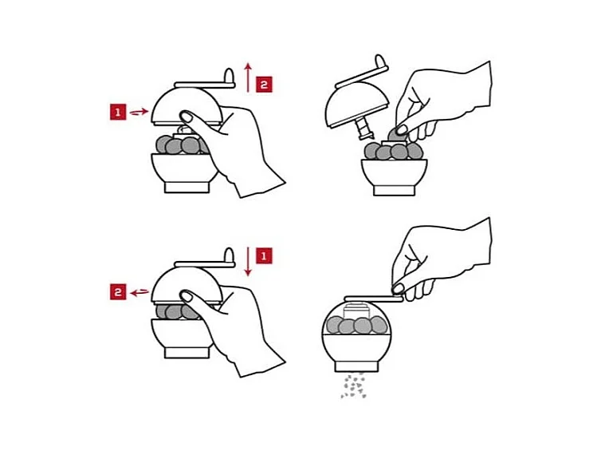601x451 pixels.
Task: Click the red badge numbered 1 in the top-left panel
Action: coord(118,112)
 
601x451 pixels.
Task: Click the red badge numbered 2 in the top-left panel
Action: coord(264,85)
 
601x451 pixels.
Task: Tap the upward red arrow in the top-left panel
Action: coord(249,77)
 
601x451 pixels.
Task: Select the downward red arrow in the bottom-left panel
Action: coord(249,262)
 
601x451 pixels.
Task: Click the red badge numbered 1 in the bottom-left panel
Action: coord(264,255)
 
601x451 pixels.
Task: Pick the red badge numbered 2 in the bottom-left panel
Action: coord(118,292)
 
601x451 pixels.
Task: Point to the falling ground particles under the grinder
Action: coord(353,385)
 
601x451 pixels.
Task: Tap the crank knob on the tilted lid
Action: coord(380,61)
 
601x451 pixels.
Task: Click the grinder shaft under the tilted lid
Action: coord(363,129)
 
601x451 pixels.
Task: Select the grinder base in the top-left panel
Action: coord(187,188)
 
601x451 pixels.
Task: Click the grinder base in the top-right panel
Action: coord(395,191)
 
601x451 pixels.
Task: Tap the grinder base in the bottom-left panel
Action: coord(187,353)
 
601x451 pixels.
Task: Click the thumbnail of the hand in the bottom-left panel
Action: coord(186,295)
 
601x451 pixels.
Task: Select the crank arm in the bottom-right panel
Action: coord(373,299)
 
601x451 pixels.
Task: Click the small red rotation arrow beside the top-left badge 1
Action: coord(139,112)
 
